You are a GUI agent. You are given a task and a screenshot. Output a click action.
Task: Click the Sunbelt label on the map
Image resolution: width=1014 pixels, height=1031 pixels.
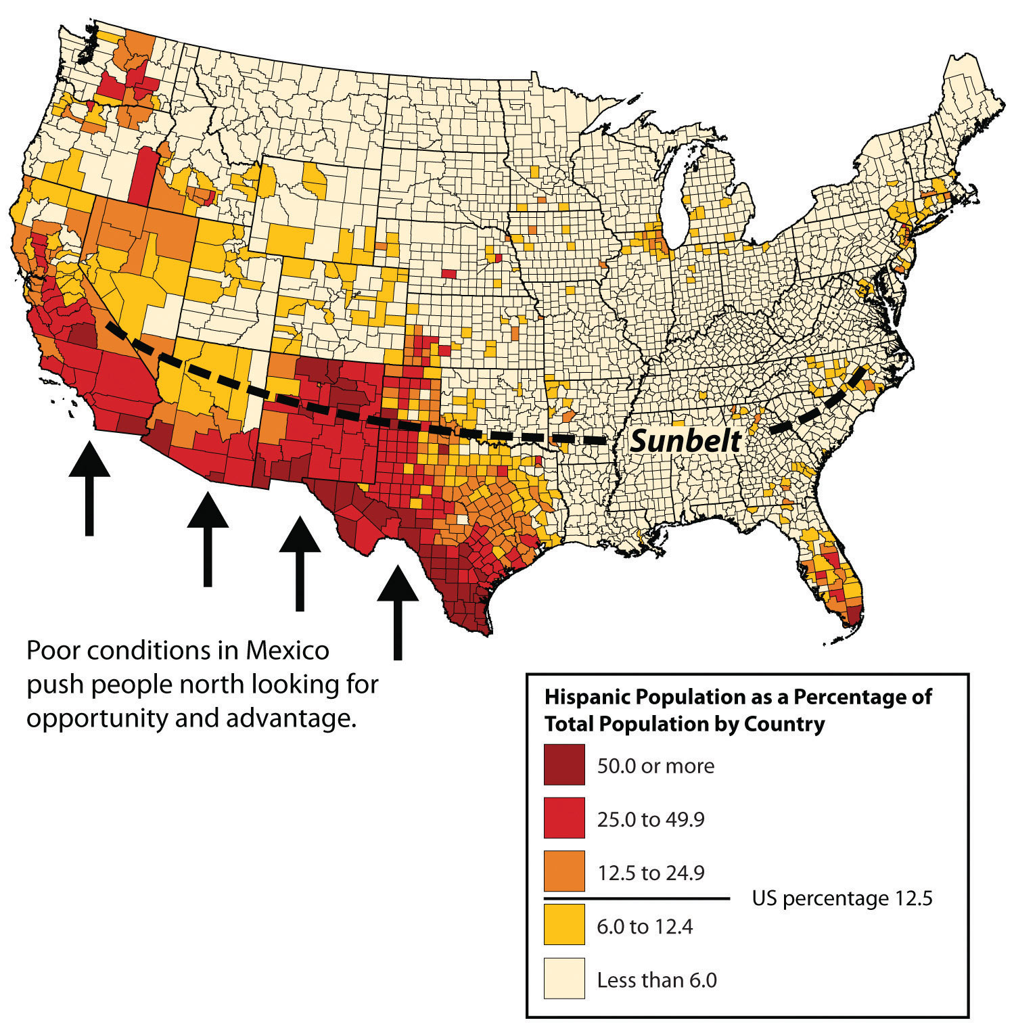coord(685,441)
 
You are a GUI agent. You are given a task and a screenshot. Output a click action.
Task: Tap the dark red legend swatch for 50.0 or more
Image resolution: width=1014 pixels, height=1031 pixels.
coord(564,765)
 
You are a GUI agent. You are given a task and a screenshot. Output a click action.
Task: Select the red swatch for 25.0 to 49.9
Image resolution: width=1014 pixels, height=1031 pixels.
coord(564,819)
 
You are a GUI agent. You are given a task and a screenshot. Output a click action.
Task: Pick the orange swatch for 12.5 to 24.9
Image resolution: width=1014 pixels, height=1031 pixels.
coord(564,871)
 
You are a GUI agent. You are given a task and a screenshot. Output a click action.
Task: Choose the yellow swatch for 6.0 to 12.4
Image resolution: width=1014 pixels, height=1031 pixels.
coord(564,925)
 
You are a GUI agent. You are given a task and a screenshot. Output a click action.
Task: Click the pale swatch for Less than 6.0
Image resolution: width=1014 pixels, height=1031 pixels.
coord(564,978)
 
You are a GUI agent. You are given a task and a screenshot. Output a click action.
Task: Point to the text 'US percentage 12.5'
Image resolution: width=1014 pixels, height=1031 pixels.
coord(842,898)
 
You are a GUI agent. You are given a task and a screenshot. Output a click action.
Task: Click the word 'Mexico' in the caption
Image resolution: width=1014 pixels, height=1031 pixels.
coord(287,651)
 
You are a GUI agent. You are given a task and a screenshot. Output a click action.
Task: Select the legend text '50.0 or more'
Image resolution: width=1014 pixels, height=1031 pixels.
coord(655,766)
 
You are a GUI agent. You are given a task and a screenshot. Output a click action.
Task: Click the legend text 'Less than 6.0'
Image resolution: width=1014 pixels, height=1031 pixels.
coord(656,980)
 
